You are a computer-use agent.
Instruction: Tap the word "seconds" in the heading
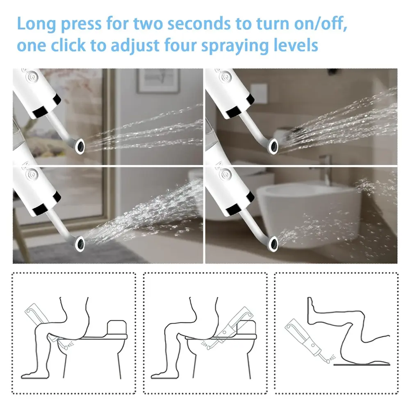point(199,24)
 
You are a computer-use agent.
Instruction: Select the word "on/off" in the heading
point(321,24)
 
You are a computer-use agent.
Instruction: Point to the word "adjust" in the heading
point(135,46)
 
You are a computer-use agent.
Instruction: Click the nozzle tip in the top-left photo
point(80,146)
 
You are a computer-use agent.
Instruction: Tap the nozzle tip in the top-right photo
point(273,146)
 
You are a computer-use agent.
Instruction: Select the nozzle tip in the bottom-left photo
point(80,244)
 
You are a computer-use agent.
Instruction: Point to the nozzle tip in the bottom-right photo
point(273,244)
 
